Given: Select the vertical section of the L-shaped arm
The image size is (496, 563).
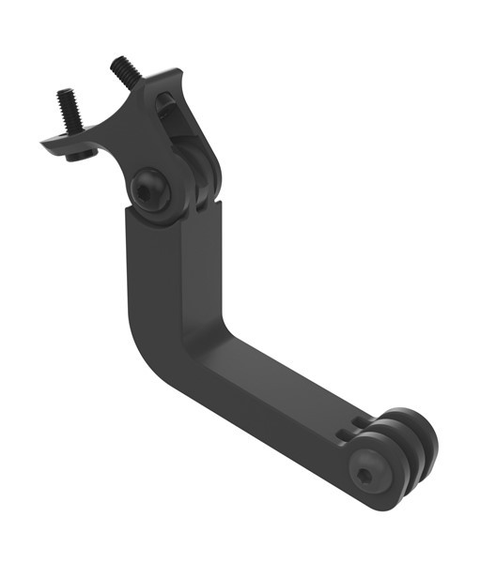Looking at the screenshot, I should (164, 272).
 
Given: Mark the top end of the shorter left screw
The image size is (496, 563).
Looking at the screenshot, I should (64, 94).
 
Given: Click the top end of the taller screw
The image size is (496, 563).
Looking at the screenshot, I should (119, 62).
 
